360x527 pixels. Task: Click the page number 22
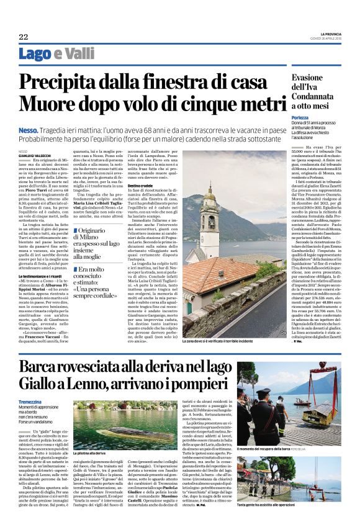coord(23,37)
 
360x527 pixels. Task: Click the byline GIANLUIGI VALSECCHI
coord(35,155)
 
